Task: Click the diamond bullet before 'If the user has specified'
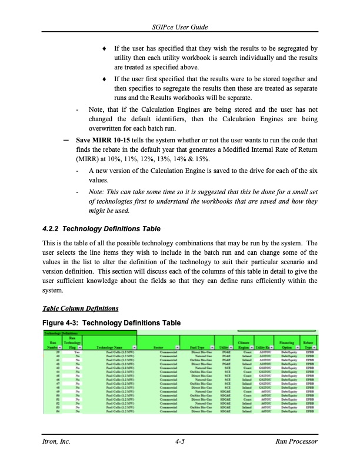coord(104,47)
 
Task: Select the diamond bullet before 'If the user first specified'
coord(104,78)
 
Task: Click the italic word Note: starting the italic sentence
coord(98,191)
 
